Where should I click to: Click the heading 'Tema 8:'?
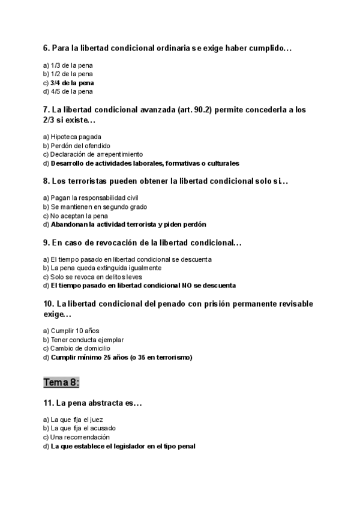point(61,382)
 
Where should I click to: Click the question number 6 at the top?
point(46,47)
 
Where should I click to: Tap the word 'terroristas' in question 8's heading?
point(99,181)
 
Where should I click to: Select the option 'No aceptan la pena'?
point(79,215)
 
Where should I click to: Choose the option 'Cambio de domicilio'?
point(80,348)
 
